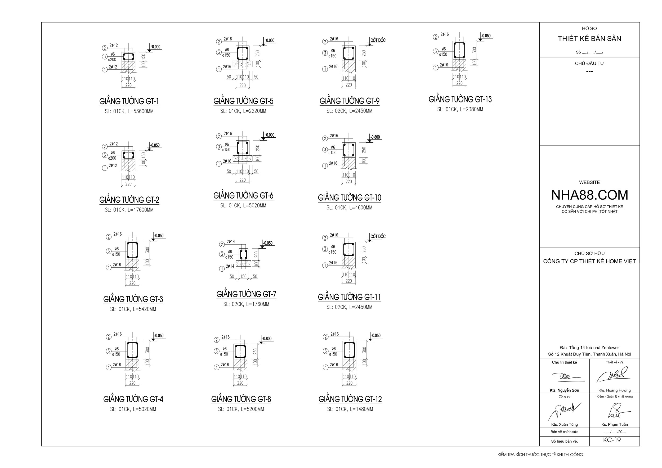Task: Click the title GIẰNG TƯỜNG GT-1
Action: pos(129,101)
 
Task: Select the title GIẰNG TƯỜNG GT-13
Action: pos(460,100)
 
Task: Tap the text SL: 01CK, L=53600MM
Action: pos(129,111)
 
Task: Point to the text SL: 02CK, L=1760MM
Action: pos(246,304)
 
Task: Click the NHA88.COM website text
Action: pos(589,195)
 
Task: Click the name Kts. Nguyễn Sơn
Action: pos(564,390)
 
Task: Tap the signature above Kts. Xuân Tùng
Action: pos(564,411)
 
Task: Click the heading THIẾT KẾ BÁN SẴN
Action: pos(589,39)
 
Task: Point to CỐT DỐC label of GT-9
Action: pos(378,40)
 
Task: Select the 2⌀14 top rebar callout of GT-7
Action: pos(231,241)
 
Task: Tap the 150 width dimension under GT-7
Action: pos(243,276)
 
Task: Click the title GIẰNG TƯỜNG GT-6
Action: pos(243,196)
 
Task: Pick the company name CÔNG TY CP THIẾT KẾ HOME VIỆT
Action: pos(589,261)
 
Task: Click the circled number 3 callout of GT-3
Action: pos(109,251)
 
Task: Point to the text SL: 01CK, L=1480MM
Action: pos(350,409)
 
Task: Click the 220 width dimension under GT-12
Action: pos(349,383)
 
